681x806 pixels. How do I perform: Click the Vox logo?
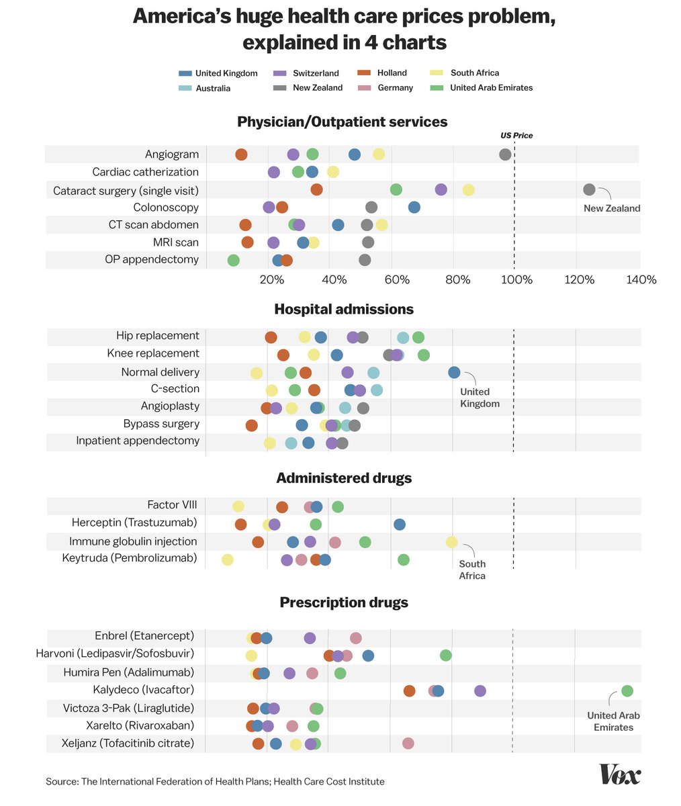click(x=620, y=774)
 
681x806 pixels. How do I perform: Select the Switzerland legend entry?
click(x=315, y=73)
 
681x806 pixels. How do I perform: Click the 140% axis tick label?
click(x=641, y=279)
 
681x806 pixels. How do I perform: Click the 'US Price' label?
click(x=516, y=135)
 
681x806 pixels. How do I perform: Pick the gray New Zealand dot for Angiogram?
click(x=505, y=154)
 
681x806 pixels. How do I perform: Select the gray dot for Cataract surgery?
click(x=589, y=189)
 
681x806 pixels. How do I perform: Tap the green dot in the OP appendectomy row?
click(x=233, y=260)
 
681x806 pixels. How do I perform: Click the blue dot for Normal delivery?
click(x=454, y=372)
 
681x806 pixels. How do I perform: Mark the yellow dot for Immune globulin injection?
click(x=451, y=542)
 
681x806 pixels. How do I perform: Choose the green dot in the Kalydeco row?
click(x=627, y=690)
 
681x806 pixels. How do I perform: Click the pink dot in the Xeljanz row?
click(x=408, y=743)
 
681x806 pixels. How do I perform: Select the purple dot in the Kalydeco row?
click(x=480, y=690)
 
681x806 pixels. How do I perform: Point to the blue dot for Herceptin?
click(x=399, y=524)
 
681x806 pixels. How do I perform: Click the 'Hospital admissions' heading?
click(x=344, y=309)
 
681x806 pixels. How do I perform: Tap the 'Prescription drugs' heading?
click(x=344, y=602)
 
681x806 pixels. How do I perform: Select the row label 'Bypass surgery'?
click(x=161, y=424)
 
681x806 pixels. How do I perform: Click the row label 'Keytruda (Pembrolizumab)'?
click(x=130, y=558)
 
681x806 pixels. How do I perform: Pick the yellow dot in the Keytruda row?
click(x=227, y=559)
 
